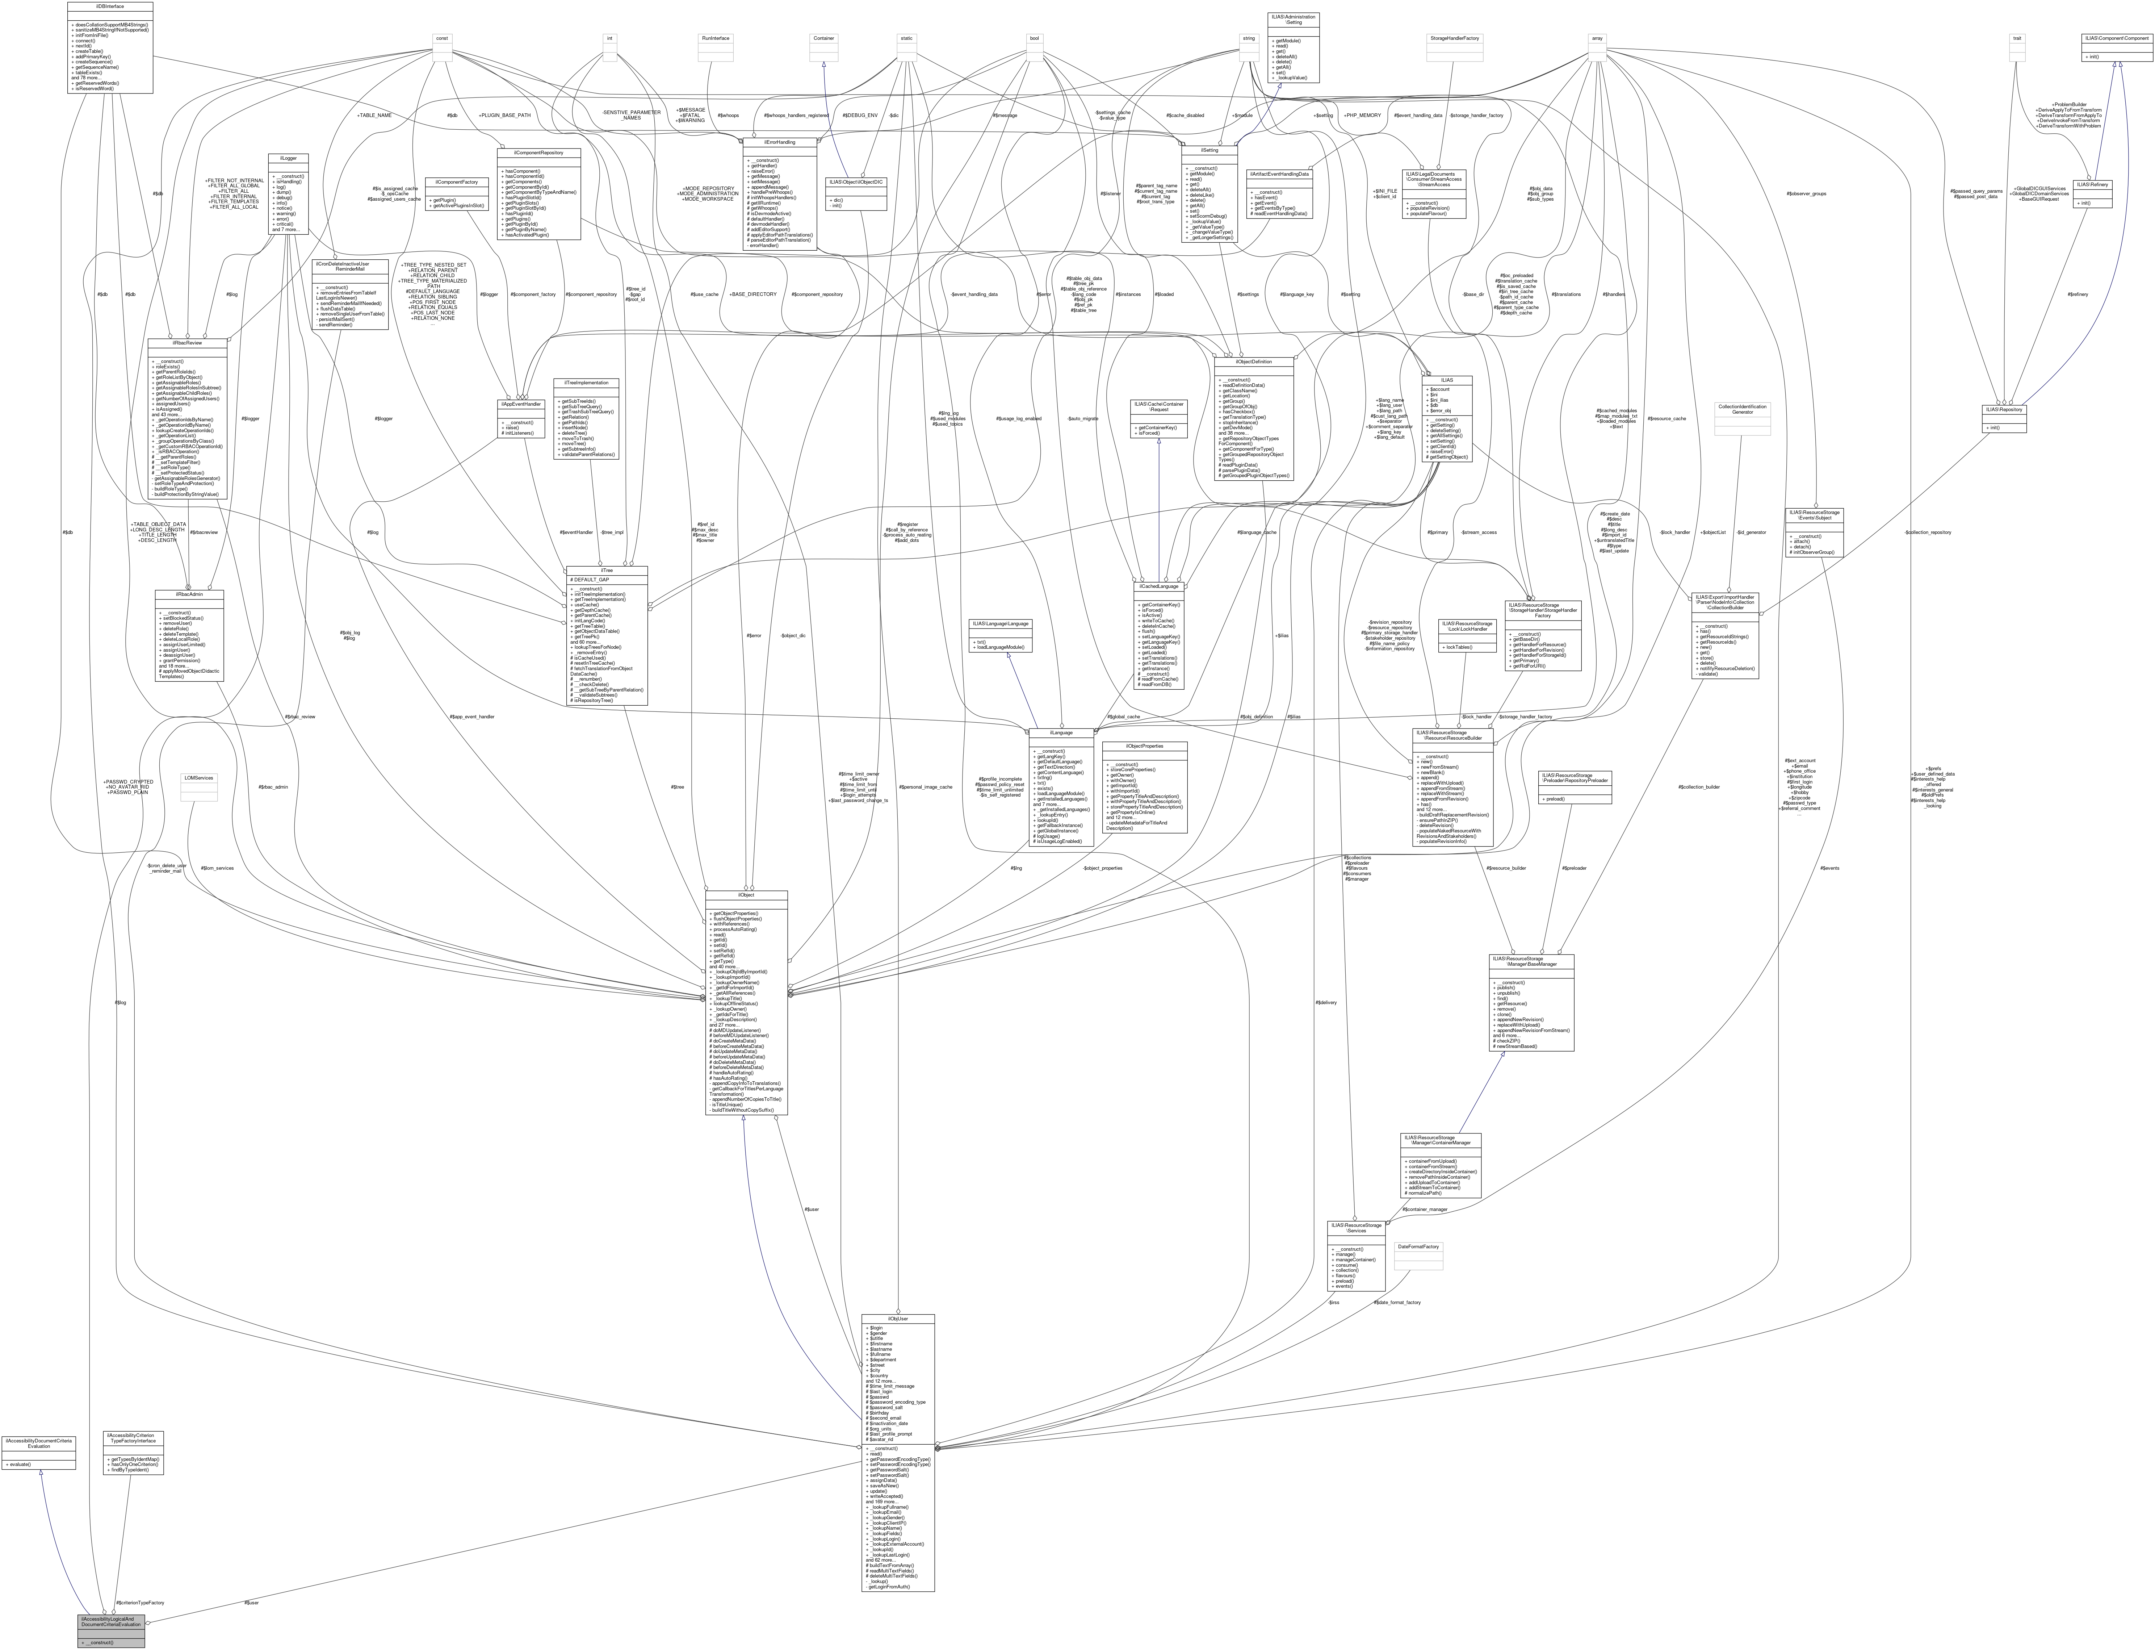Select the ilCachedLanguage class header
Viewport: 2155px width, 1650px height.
pos(1158,586)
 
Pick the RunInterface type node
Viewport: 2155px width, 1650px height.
pos(715,38)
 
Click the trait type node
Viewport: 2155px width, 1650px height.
pos(2017,38)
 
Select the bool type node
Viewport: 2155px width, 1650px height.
pos(1034,38)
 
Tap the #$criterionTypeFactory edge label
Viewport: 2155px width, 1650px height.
pos(138,1602)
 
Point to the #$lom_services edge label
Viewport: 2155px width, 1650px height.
pos(217,868)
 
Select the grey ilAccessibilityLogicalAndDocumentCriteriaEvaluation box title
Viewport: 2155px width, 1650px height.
pos(111,1621)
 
